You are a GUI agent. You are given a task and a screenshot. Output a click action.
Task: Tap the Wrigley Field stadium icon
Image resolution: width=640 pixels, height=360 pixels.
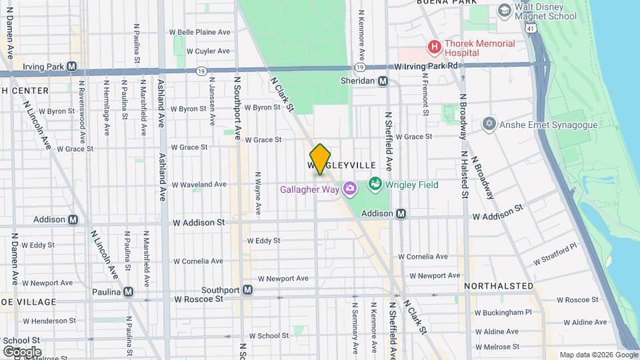click(x=375, y=184)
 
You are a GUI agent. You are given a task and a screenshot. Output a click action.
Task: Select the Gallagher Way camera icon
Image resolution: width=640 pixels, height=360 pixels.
click(x=349, y=190)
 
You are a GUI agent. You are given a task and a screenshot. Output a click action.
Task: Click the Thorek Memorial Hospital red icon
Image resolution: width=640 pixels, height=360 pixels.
click(x=434, y=47)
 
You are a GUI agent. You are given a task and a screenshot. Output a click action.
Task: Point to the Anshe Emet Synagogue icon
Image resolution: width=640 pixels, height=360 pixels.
click(x=489, y=125)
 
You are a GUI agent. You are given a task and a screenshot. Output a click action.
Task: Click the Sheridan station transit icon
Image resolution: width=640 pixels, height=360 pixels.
click(x=383, y=81)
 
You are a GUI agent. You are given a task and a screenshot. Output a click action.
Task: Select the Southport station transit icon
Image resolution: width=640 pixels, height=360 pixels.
click(x=247, y=290)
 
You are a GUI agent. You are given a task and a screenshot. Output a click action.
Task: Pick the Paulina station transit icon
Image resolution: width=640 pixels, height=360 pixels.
click(x=128, y=291)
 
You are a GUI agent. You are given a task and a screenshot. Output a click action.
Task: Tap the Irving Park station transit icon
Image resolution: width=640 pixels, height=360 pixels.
click(x=71, y=67)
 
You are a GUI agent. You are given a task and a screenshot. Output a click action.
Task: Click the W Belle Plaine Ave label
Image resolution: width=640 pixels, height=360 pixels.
click(x=199, y=31)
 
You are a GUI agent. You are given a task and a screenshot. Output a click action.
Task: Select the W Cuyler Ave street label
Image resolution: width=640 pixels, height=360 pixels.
click(x=208, y=51)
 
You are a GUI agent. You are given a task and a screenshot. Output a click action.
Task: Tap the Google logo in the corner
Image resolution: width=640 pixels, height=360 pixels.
click(x=22, y=351)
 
